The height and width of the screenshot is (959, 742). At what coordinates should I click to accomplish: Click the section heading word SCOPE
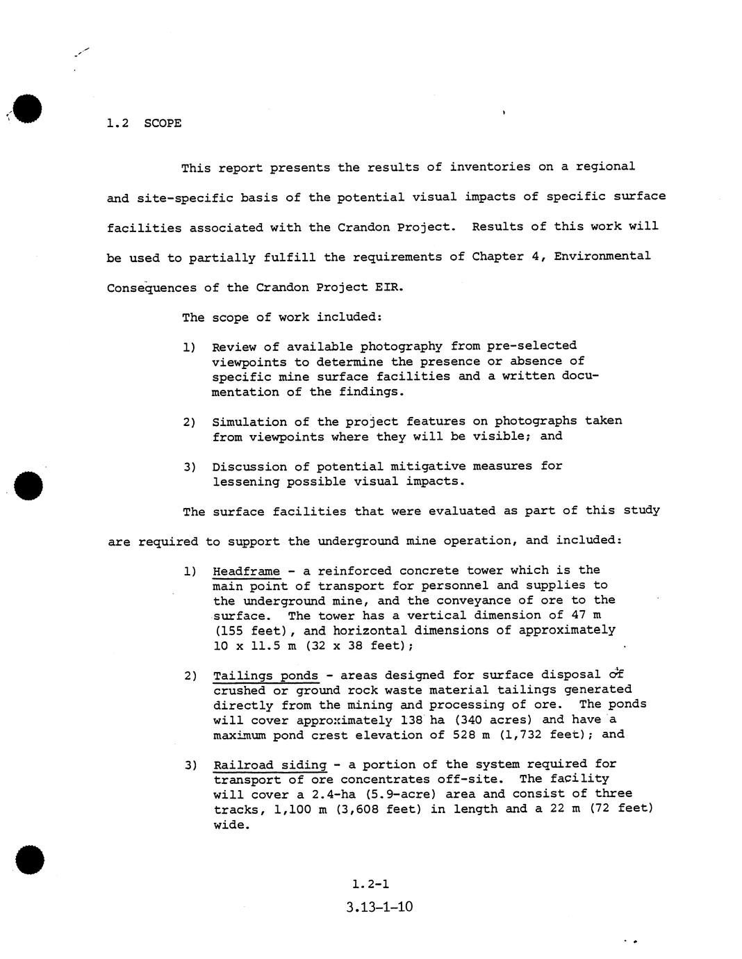coord(163,124)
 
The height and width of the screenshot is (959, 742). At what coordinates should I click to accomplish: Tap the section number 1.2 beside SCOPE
coord(118,124)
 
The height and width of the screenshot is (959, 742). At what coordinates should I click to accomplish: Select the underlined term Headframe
coord(246,571)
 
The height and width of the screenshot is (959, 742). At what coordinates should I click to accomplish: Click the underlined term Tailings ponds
coord(265,675)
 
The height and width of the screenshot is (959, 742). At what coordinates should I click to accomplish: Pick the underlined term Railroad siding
coord(270,765)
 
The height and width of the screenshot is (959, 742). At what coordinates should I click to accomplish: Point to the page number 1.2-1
coord(370,884)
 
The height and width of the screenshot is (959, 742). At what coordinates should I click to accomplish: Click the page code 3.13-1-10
coord(379,907)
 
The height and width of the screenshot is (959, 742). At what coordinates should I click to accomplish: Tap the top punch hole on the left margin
coord(27,108)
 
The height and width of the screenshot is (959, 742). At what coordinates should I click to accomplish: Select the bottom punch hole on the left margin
coord(29,860)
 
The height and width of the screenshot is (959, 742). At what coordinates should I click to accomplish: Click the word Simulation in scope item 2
coord(246,422)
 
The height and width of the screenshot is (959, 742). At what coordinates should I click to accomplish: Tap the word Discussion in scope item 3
coord(246,466)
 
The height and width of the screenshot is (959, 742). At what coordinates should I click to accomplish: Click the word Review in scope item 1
coord(234,347)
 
